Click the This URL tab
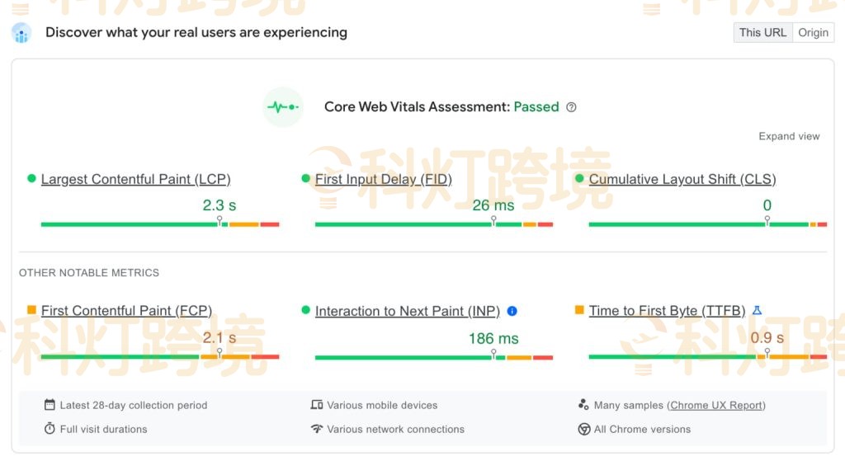[762, 32]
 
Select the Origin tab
[813, 32]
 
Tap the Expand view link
[789, 136]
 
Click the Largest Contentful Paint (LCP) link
[135, 179]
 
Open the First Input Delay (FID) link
[383, 179]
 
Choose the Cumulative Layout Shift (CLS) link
[682, 179]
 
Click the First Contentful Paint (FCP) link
[126, 311]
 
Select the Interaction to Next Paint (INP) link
[408, 311]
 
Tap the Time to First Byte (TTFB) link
[667, 311]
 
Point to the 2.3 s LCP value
[220, 205]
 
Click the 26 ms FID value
[493, 205]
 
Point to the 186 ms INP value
[493, 338]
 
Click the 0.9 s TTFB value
[767, 338]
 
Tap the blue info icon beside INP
[512, 311]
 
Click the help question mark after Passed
[571, 107]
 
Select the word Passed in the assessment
[536, 106]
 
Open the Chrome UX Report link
[716, 405]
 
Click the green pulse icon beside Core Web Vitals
[283, 107]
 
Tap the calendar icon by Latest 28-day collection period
[50, 405]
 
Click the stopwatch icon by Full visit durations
[50, 429]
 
